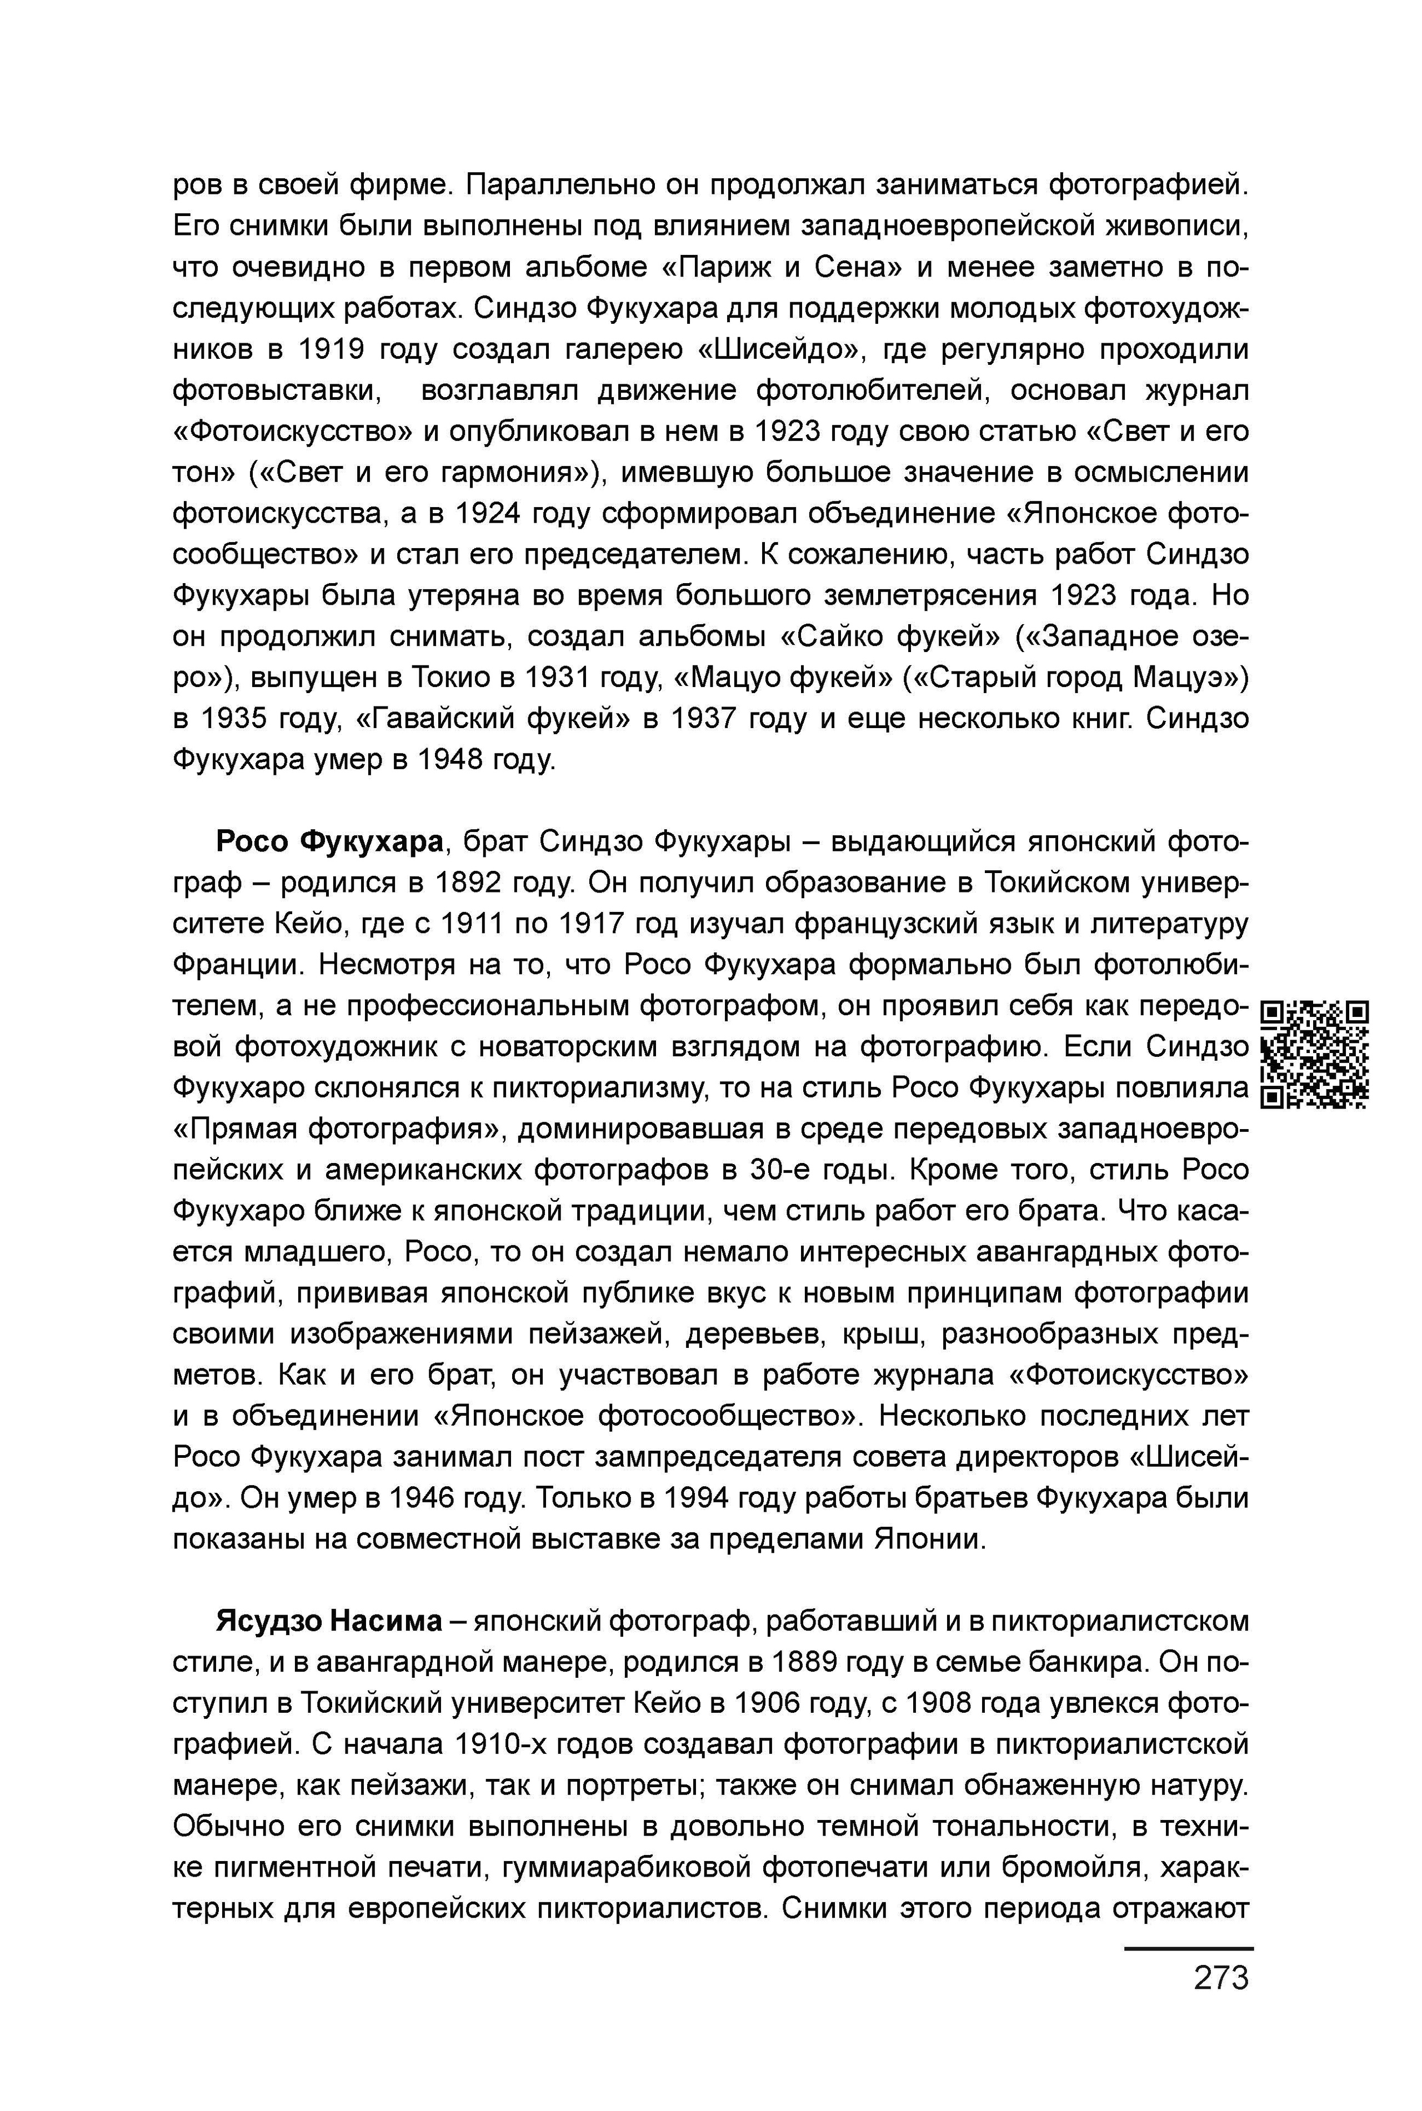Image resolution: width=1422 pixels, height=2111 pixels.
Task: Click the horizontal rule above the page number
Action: click(x=1188, y=1948)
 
